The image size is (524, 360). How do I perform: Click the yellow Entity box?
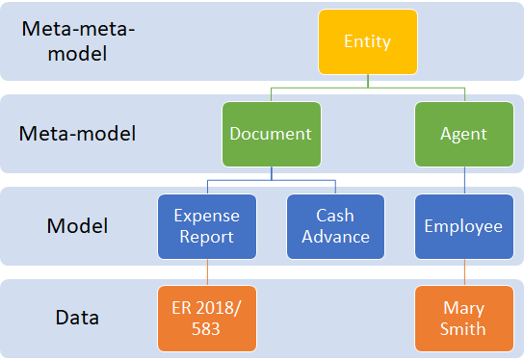click(x=368, y=42)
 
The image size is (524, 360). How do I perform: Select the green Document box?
click(x=271, y=134)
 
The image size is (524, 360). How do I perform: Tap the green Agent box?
click(x=463, y=134)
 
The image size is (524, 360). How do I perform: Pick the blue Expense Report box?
click(x=207, y=226)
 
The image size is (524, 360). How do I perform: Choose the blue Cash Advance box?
click(x=335, y=226)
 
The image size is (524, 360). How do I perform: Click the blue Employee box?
click(x=464, y=226)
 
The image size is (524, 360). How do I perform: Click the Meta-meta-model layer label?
click(x=78, y=41)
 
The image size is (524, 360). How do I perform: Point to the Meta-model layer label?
click(x=78, y=134)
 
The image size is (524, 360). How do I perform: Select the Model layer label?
click(x=77, y=226)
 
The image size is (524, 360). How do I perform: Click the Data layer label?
click(x=77, y=317)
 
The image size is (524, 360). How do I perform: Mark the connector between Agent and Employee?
click(x=464, y=180)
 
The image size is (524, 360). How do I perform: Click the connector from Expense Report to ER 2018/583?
click(x=207, y=272)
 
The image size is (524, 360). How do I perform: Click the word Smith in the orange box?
click(x=464, y=329)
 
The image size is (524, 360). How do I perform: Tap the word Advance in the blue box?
click(x=335, y=237)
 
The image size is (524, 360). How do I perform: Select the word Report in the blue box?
click(x=207, y=237)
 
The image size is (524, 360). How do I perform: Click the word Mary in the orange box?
click(x=464, y=309)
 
